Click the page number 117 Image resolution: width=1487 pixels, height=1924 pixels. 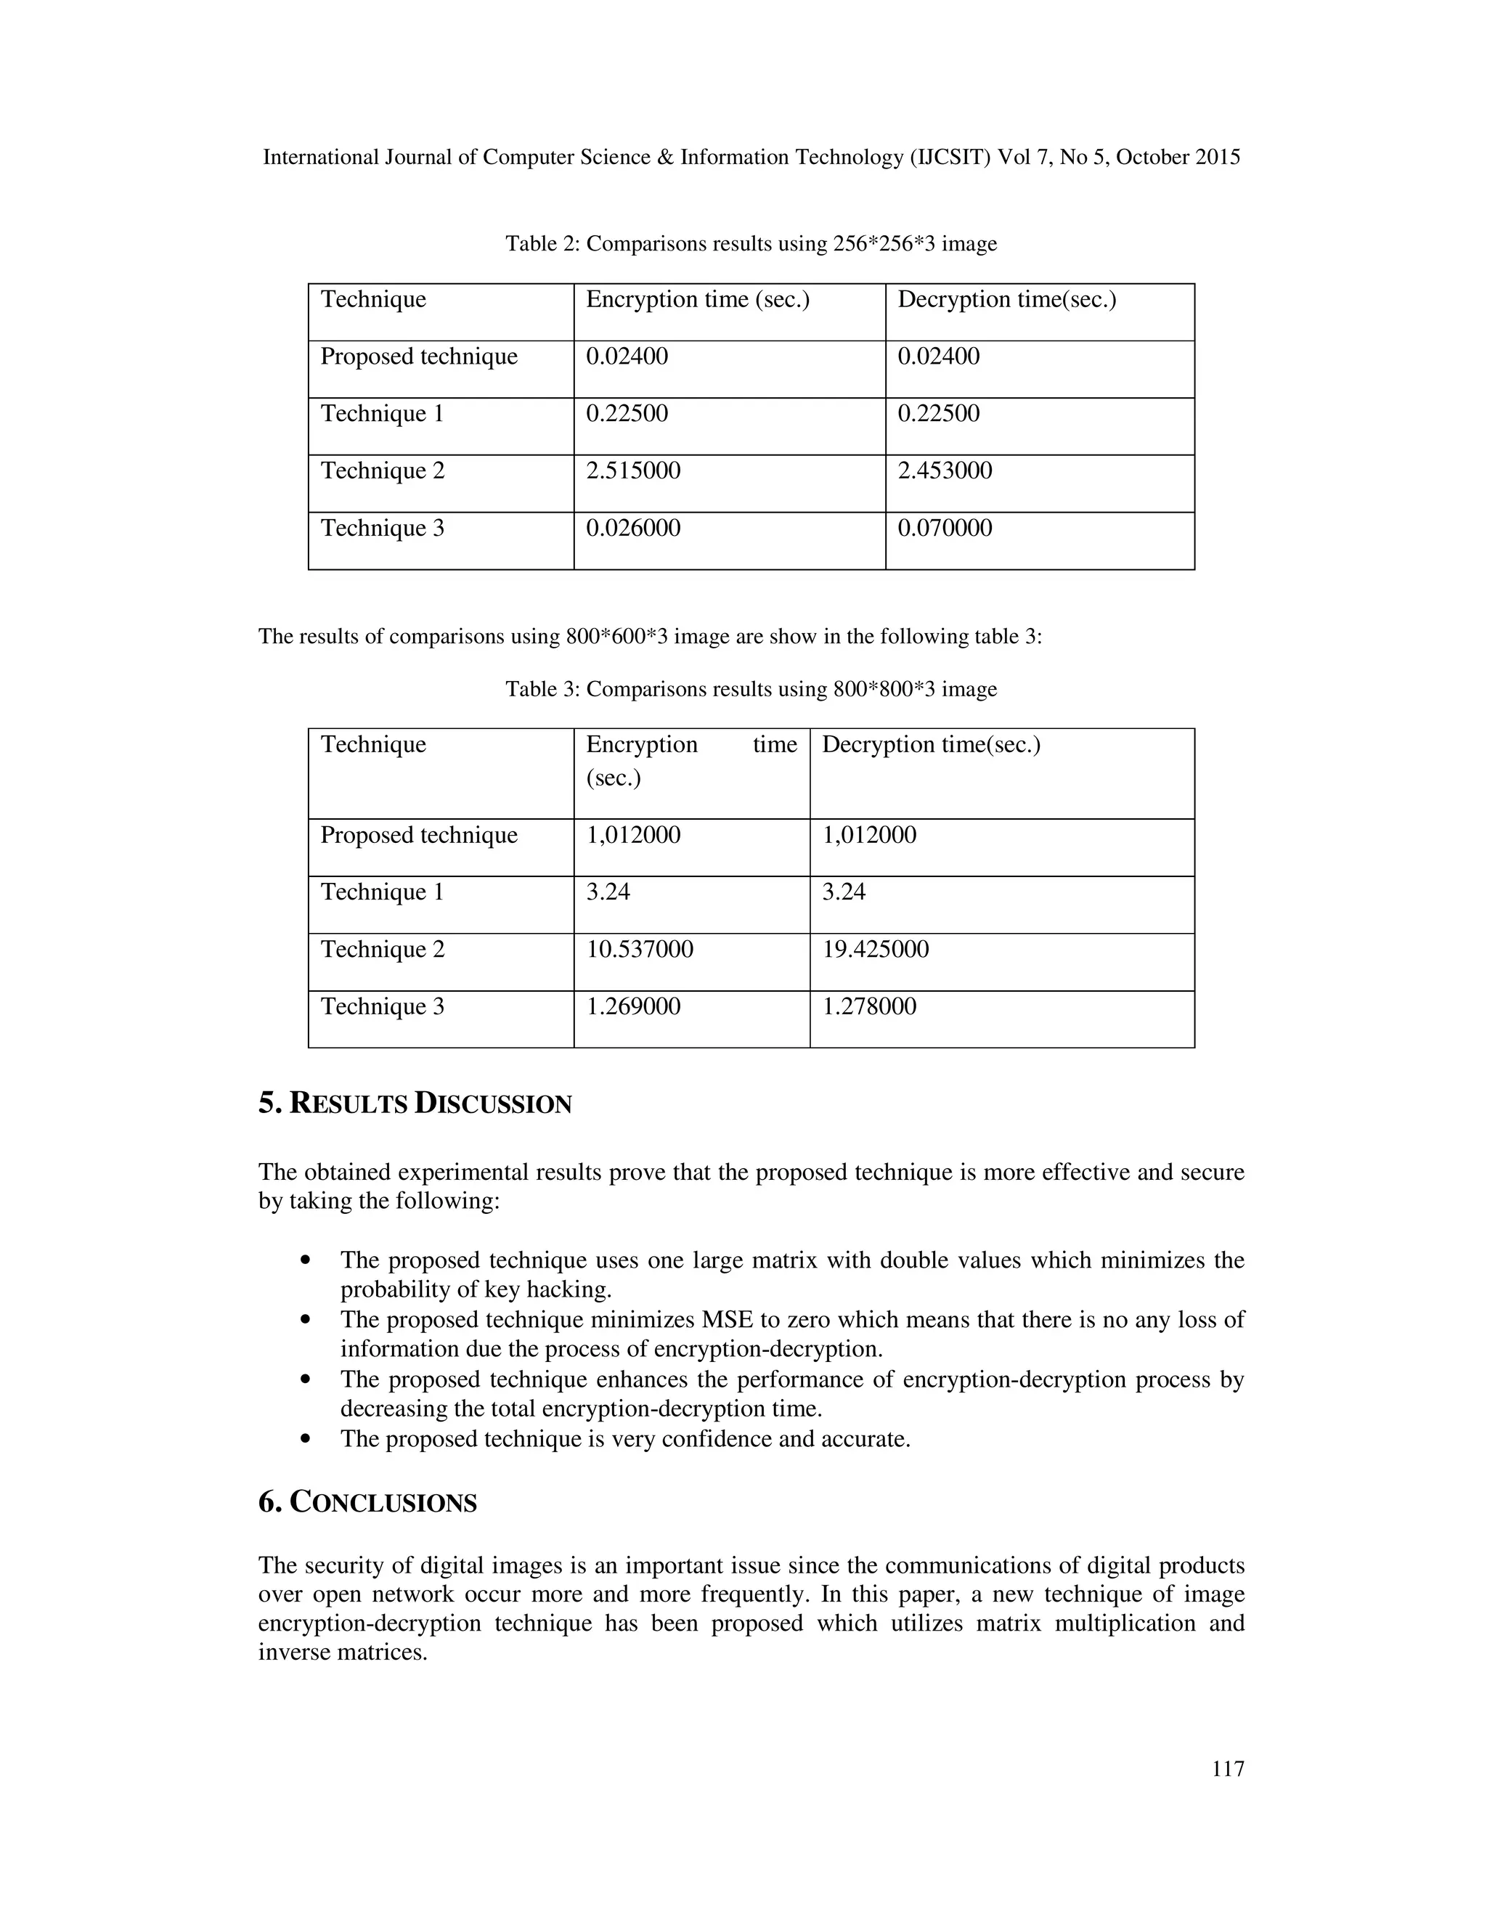pos(1227,1768)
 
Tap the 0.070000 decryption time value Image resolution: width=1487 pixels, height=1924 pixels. pos(945,528)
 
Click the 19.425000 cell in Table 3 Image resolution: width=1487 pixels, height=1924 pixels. pos(875,949)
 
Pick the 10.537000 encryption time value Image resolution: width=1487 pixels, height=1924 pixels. pos(640,949)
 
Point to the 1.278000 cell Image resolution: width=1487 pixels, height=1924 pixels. pos(868,1006)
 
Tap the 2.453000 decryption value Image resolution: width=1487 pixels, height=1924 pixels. pos(945,470)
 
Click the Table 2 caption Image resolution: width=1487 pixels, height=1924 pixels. pos(751,244)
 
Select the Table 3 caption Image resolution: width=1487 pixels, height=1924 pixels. pos(751,689)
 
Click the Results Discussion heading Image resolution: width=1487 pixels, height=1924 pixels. pos(415,1103)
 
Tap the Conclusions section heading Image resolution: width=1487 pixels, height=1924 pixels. pos(367,1502)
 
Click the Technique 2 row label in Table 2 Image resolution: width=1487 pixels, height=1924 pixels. pos(383,470)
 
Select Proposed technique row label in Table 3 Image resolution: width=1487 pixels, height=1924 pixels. pos(418,835)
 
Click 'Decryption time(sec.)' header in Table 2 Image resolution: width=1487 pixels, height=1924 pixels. pos(1006,300)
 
